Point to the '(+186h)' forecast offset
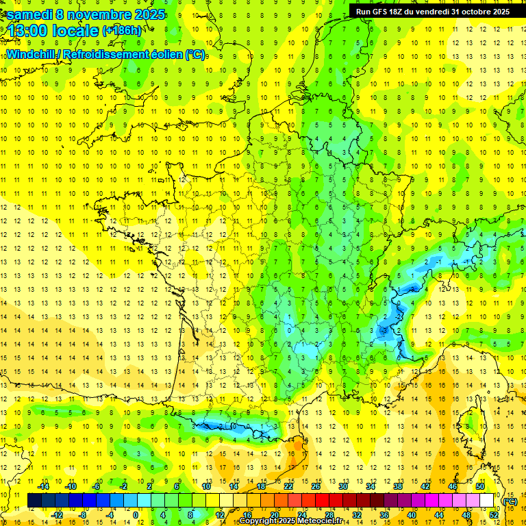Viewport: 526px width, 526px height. click(122, 31)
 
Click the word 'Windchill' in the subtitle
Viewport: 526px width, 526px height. click(29, 54)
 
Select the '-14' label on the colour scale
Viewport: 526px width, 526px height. click(43, 486)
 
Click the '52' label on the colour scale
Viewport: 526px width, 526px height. click(493, 514)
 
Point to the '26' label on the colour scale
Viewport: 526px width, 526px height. click(316, 486)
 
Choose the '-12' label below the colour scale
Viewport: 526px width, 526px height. click(58, 514)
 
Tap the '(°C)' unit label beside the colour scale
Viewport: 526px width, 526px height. click(510, 501)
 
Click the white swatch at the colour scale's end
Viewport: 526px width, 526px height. click(486, 501)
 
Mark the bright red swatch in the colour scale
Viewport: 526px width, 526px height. click(323, 501)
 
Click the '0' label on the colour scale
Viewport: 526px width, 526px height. click(136, 514)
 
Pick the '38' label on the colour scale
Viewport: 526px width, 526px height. click(398, 486)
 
